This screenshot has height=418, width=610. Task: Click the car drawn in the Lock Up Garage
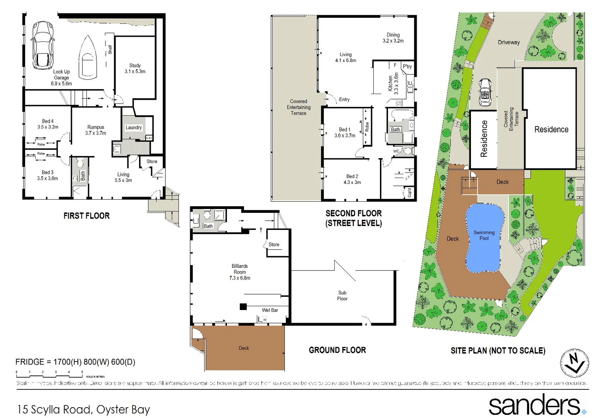[43, 45]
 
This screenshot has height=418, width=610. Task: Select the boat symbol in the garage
[88, 57]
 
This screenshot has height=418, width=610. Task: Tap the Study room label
[135, 69]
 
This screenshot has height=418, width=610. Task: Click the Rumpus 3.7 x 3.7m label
[96, 130]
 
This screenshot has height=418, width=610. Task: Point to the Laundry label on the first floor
[134, 127]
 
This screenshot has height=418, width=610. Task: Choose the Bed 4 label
[48, 124]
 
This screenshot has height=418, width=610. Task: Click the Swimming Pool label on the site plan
[484, 235]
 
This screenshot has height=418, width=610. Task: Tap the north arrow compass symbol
[575, 363]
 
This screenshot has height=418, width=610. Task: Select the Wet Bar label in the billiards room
[270, 310]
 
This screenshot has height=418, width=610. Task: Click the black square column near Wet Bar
[243, 307]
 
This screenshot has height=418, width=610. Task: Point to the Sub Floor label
[342, 296]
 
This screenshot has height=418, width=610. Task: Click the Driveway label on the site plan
[509, 42]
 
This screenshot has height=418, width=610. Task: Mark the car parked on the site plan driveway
[485, 92]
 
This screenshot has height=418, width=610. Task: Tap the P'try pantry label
[407, 67]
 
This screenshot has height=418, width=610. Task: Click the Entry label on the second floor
[344, 99]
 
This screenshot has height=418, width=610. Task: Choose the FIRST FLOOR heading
[86, 216]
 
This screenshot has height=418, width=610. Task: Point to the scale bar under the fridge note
[49, 373]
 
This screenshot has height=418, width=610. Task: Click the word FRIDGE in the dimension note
[30, 362]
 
